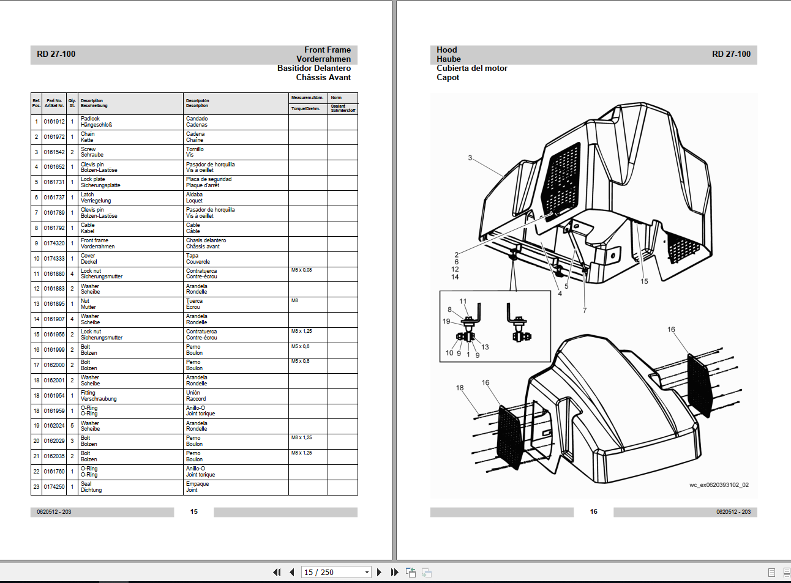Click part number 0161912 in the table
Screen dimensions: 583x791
pyautogui.click(x=54, y=122)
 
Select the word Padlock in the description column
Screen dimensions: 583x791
pyautogui.click(x=90, y=119)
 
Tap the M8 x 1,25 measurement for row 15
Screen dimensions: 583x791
pyautogui.click(x=301, y=331)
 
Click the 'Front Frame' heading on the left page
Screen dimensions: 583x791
pyautogui.click(x=328, y=50)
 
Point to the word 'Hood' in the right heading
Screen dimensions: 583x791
pyautogui.click(x=447, y=50)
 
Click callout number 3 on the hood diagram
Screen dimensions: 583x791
pyautogui.click(x=470, y=158)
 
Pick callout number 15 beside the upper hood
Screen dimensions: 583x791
pyautogui.click(x=644, y=281)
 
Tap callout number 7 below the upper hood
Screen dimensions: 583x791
pyautogui.click(x=585, y=310)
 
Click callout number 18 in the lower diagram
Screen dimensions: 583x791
pyautogui.click(x=460, y=388)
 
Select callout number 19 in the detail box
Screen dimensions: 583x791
pyautogui.click(x=446, y=321)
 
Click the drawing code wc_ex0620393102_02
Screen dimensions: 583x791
pyautogui.click(x=719, y=485)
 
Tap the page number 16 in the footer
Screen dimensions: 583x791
pyautogui.click(x=593, y=511)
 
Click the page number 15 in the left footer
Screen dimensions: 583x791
pyautogui.click(x=194, y=511)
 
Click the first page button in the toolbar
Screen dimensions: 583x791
pyautogui.click(x=277, y=573)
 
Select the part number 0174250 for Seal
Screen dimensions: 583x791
pyautogui.click(x=54, y=487)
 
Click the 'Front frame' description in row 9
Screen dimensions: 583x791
pyautogui.click(x=94, y=240)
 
